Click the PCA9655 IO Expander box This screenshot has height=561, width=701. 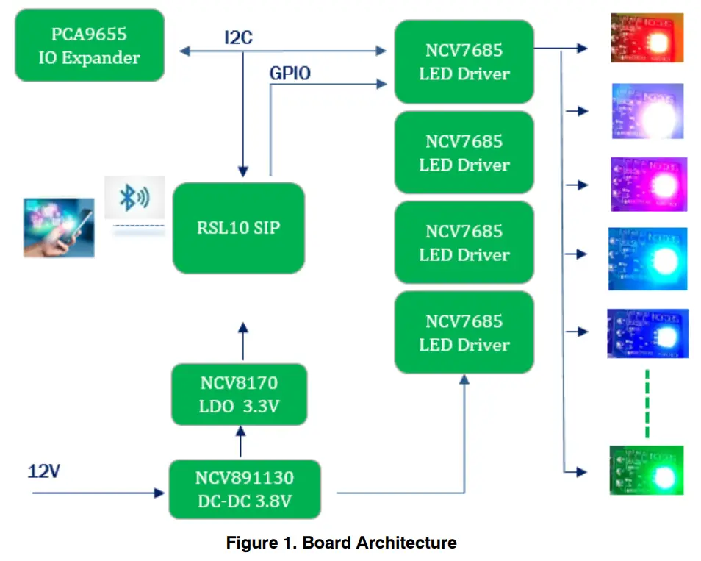click(x=89, y=45)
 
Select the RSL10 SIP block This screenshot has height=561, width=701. click(x=238, y=228)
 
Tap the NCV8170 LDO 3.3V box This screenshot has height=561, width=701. click(x=239, y=394)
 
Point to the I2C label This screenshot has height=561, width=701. click(x=239, y=37)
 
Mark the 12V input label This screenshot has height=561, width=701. click(x=44, y=471)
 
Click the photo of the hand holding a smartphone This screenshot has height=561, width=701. click(x=59, y=227)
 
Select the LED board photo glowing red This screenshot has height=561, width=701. click(x=647, y=37)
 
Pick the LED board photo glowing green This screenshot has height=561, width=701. click(x=647, y=471)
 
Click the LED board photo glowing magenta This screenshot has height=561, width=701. click(x=647, y=185)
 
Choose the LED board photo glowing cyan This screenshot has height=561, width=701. click(x=647, y=258)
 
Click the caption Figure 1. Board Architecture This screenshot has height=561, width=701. click(x=341, y=543)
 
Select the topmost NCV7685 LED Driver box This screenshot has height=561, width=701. click(x=464, y=62)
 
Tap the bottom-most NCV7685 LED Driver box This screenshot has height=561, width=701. click(x=464, y=332)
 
